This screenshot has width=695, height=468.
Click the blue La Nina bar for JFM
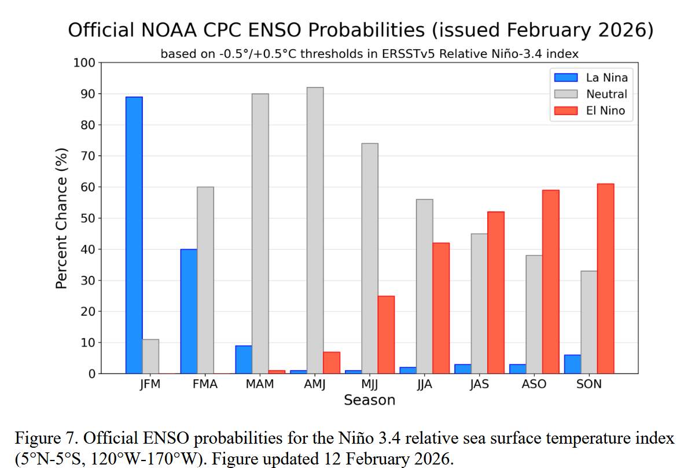click(134, 235)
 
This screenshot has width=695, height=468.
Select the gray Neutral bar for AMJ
click(315, 231)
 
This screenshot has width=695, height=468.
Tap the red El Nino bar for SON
click(605, 279)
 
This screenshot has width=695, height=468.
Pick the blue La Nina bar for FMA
click(189, 311)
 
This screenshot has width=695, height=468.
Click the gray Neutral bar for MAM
click(260, 233)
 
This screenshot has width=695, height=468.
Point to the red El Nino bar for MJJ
click(386, 335)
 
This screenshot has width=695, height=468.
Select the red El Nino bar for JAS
click(495, 292)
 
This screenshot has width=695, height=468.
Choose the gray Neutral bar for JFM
click(150, 356)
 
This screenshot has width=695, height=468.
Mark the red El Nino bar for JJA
click(441, 308)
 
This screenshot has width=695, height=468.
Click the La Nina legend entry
click(590, 78)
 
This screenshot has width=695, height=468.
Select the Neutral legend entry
click(590, 94)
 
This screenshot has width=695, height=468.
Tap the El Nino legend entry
click(590, 111)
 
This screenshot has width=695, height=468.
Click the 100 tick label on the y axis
click(84, 63)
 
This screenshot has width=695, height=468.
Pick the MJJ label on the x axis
click(369, 385)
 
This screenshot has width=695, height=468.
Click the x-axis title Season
click(369, 400)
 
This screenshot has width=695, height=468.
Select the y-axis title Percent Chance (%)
click(61, 218)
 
